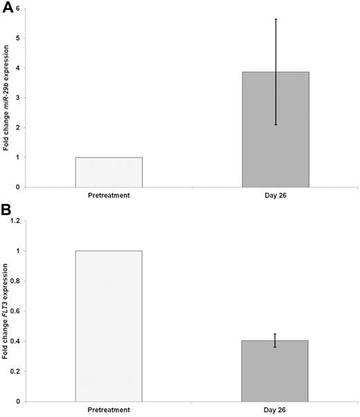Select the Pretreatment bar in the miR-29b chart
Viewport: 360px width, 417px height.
[109, 172]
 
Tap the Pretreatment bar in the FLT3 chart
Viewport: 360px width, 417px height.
[109, 326]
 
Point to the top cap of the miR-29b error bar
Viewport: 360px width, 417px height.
[276, 19]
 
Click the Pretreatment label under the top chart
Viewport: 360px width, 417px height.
[109, 196]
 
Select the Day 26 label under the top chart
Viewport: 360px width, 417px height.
[276, 196]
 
